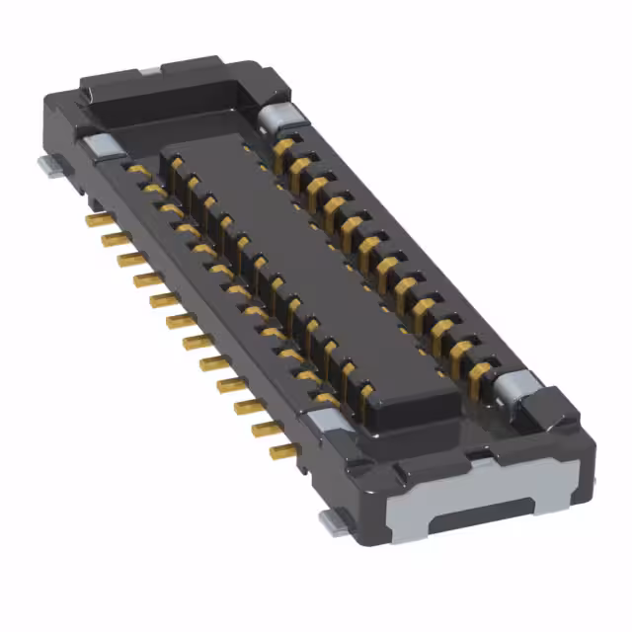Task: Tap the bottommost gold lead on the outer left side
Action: [x=281, y=452]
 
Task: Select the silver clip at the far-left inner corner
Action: [x=99, y=146]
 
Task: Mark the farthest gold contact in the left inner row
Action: [x=139, y=170]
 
